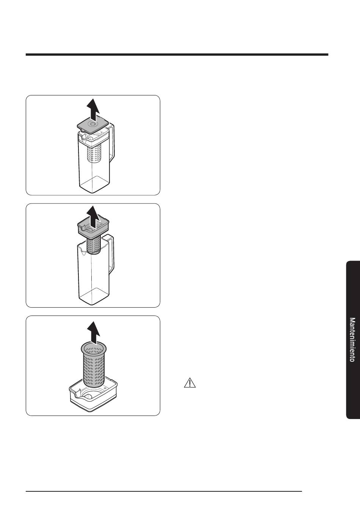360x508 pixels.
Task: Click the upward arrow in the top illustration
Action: point(93,109)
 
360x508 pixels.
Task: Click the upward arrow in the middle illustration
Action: point(93,217)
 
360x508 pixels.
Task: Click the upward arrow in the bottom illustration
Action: point(94,333)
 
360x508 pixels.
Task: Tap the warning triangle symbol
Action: point(190,383)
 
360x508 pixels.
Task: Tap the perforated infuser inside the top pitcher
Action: point(94,154)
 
